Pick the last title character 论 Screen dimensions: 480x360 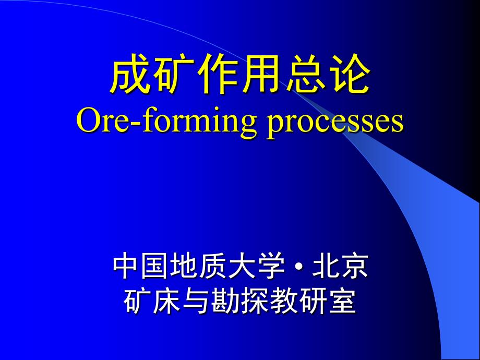pos(349,74)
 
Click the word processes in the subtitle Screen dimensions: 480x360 pos(335,123)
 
